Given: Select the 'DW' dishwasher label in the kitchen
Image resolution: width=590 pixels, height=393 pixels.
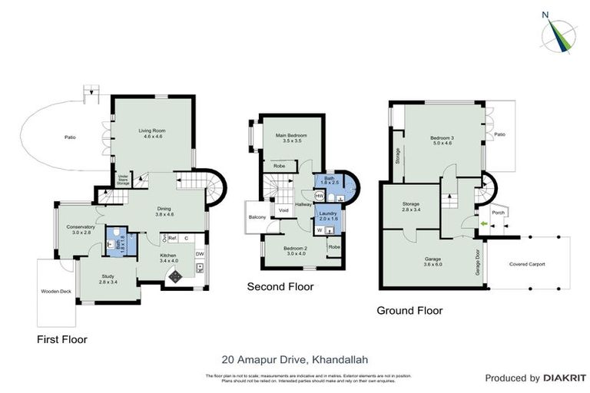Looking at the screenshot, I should [200, 254].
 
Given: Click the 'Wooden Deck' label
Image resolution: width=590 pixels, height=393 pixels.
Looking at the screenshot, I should [55, 292].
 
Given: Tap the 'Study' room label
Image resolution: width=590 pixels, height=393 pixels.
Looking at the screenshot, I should [108, 277].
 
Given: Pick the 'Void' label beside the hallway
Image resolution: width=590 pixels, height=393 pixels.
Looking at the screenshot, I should [283, 210].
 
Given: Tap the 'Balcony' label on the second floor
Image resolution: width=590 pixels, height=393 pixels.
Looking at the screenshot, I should [257, 218].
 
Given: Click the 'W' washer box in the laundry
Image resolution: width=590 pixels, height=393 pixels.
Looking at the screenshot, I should [320, 229].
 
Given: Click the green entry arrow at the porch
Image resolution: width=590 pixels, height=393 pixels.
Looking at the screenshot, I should [483, 224].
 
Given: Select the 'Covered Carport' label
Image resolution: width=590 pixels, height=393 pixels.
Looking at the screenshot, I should [527, 264].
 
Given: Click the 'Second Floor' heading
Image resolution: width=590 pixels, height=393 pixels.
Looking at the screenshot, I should [280, 287].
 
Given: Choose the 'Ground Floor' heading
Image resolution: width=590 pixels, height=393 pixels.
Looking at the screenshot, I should [409, 311].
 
